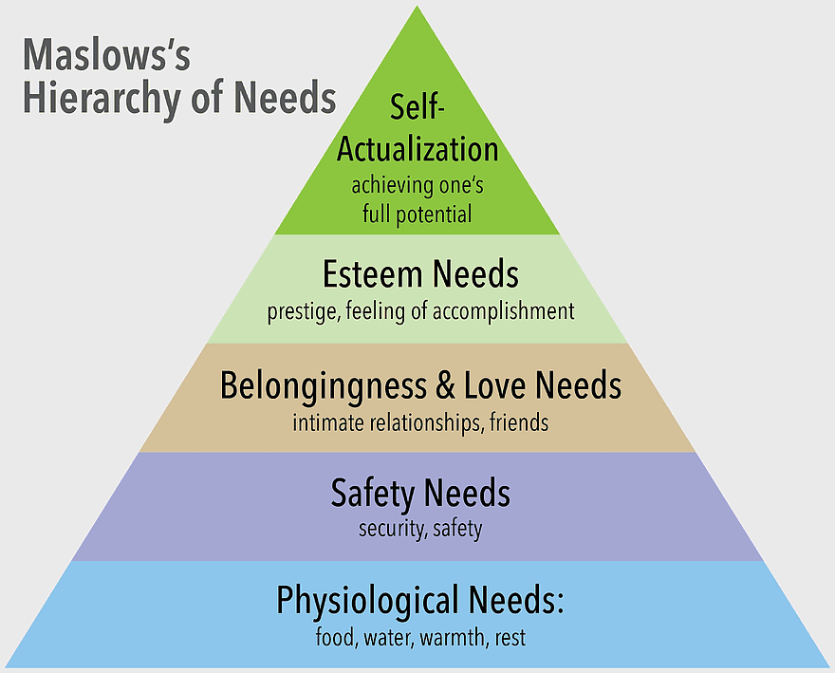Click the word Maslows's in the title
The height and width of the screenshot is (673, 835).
(x=106, y=55)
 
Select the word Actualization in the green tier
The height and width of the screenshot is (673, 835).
(x=417, y=149)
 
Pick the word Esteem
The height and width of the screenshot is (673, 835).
(x=372, y=274)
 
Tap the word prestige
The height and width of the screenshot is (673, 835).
(x=303, y=311)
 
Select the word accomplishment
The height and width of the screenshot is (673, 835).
(x=504, y=311)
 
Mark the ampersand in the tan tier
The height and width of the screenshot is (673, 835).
(x=446, y=385)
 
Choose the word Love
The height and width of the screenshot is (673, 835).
(x=495, y=384)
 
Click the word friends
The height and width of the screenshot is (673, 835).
(x=519, y=422)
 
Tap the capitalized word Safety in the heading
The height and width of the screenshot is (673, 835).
(x=373, y=494)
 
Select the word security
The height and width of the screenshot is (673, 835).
(x=392, y=529)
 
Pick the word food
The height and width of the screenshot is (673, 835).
(x=335, y=637)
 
